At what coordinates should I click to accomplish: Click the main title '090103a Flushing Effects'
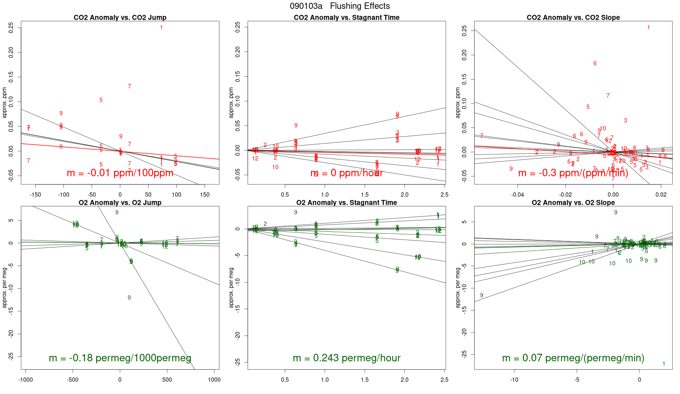[x=340, y=6]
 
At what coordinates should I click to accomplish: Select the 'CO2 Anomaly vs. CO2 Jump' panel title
[x=120, y=18]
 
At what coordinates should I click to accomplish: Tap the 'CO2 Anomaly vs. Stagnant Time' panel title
[x=346, y=18]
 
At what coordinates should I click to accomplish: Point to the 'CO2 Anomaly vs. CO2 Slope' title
[x=573, y=18]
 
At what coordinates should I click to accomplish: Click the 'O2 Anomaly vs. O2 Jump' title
[x=120, y=203]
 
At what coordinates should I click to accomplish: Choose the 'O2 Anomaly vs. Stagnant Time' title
[x=346, y=203]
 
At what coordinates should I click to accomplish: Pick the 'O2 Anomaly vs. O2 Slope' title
[x=573, y=203]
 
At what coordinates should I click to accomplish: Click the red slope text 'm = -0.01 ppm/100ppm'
[x=120, y=173]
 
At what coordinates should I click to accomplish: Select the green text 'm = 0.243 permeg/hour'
[x=346, y=358]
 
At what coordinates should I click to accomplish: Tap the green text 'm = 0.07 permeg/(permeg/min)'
[x=573, y=358]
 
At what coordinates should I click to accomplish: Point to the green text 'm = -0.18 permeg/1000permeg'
[x=120, y=358]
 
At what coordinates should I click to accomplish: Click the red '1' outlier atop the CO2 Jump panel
[x=161, y=28]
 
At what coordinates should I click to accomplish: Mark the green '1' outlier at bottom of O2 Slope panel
[x=664, y=364]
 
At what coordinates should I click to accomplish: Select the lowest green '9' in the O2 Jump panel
[x=129, y=298]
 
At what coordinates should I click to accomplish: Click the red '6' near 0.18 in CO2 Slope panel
[x=595, y=63]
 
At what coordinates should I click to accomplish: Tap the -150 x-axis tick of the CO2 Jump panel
[x=35, y=195]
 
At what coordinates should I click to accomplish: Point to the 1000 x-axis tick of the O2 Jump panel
[x=214, y=380]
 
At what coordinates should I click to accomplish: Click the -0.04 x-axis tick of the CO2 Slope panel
[x=518, y=195]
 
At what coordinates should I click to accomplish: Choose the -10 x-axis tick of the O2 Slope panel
[x=514, y=380]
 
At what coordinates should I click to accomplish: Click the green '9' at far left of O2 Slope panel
[x=482, y=295]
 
